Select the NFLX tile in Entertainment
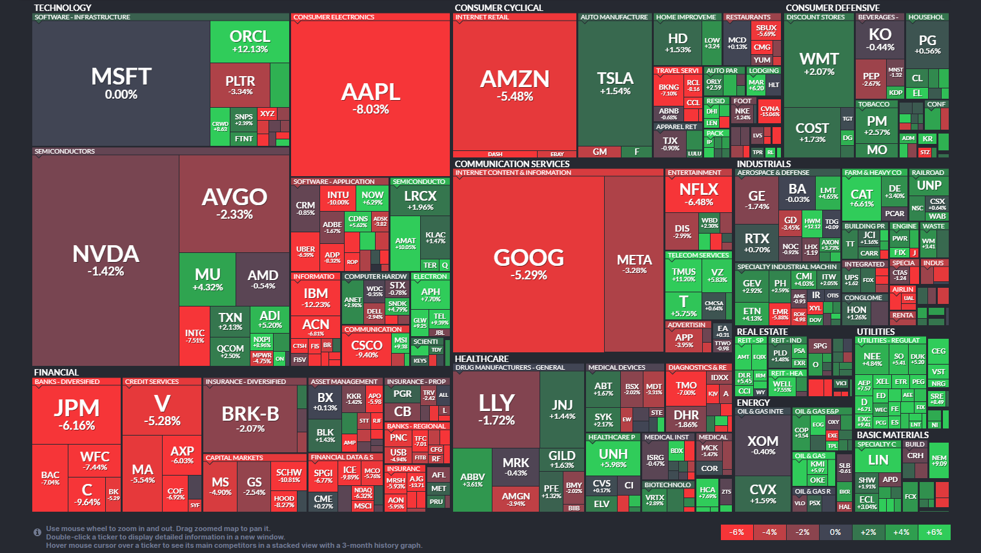[x=699, y=194]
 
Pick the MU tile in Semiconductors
[x=207, y=279]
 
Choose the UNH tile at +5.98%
[x=612, y=458]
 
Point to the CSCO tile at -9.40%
[x=367, y=349]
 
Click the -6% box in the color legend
[x=737, y=532]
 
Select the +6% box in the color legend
[x=934, y=532]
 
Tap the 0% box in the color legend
[x=835, y=532]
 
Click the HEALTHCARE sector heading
[x=481, y=359]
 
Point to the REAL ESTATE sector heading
[x=762, y=332]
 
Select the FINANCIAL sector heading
[x=56, y=372]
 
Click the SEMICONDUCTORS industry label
[x=65, y=152]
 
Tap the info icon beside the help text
[x=37, y=532]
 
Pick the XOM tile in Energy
[x=763, y=445]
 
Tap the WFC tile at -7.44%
[x=94, y=460]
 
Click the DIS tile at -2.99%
[x=682, y=231]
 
